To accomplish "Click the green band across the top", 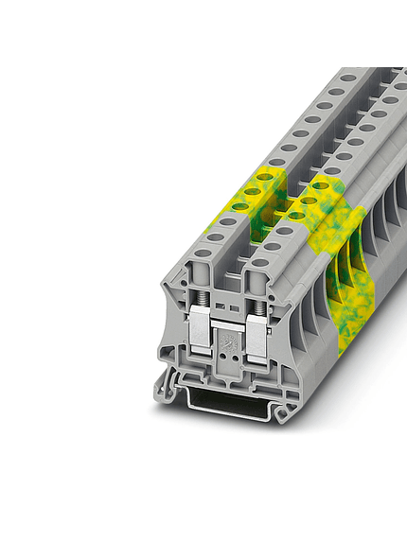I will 203,33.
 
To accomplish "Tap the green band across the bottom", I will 203,507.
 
